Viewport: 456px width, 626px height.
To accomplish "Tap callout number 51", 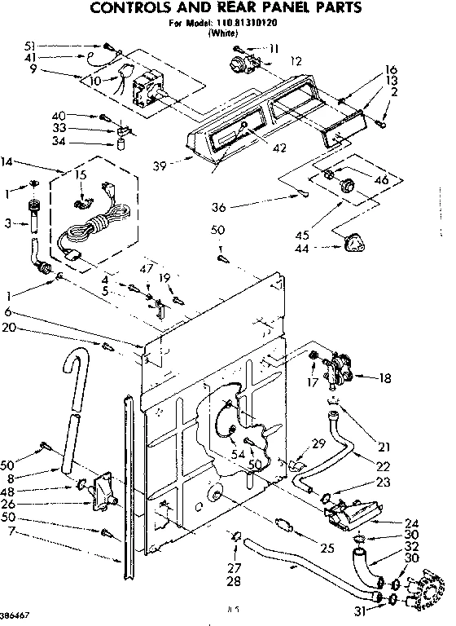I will pyautogui.click(x=30, y=46).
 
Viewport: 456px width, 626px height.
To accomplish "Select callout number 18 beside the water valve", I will pyautogui.click(x=385, y=377).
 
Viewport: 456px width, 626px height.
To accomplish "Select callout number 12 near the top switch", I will pyautogui.click(x=295, y=62).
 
